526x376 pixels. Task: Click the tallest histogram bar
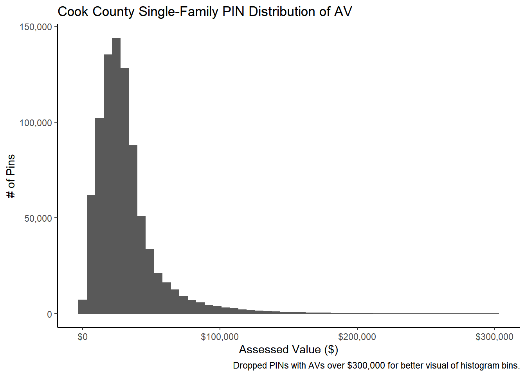[x=116, y=176]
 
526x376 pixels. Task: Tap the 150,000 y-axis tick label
[x=36, y=27]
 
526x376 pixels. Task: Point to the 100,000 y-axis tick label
[x=36, y=123]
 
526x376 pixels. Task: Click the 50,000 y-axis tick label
[x=38, y=219]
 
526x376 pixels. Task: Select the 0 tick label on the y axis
[x=50, y=314]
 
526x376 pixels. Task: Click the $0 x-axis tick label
[x=83, y=337]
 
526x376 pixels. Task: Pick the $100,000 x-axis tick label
[x=220, y=337]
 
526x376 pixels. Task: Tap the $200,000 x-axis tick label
[x=357, y=337]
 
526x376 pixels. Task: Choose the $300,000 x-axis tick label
[x=494, y=337]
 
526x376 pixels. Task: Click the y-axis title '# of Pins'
[x=11, y=176]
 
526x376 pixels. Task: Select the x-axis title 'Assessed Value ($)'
[x=288, y=349]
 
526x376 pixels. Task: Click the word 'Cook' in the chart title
[x=73, y=12]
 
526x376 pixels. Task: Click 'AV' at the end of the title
[x=343, y=12]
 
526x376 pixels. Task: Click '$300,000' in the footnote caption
[x=366, y=366]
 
